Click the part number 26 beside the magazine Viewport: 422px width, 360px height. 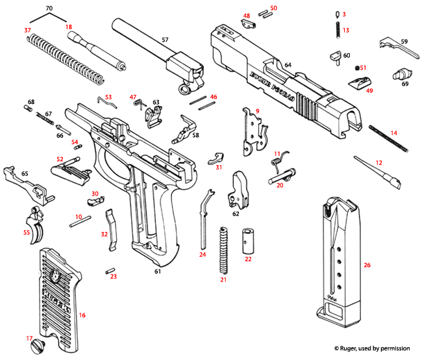[367, 265]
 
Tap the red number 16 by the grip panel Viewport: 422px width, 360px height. [82, 315]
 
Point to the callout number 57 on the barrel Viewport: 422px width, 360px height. [165, 40]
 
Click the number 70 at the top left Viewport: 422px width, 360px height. [49, 8]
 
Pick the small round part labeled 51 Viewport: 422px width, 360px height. [356, 68]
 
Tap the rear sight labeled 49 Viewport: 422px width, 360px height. [358, 83]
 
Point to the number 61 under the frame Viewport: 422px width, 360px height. [156, 271]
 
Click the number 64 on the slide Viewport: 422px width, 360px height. [288, 64]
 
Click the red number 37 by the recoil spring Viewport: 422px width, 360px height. [27, 31]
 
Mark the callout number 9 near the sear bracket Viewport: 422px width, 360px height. [258, 112]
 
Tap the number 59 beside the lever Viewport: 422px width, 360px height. [404, 42]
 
